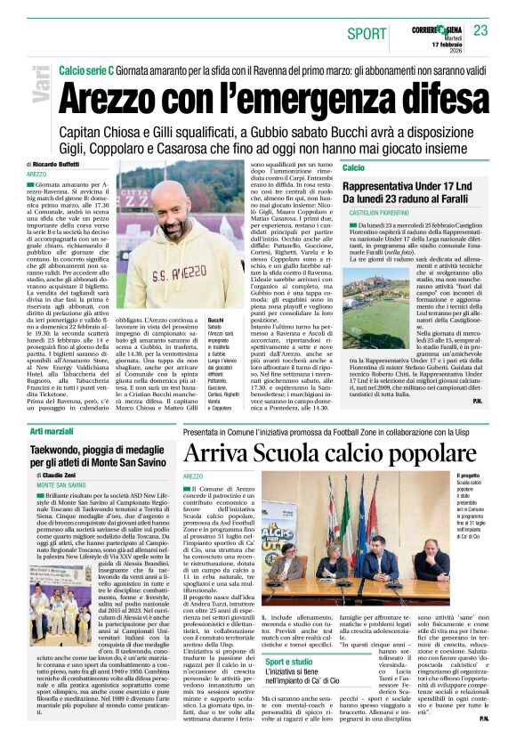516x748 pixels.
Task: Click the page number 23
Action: click(480, 30)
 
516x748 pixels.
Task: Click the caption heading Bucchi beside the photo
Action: click(215, 319)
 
